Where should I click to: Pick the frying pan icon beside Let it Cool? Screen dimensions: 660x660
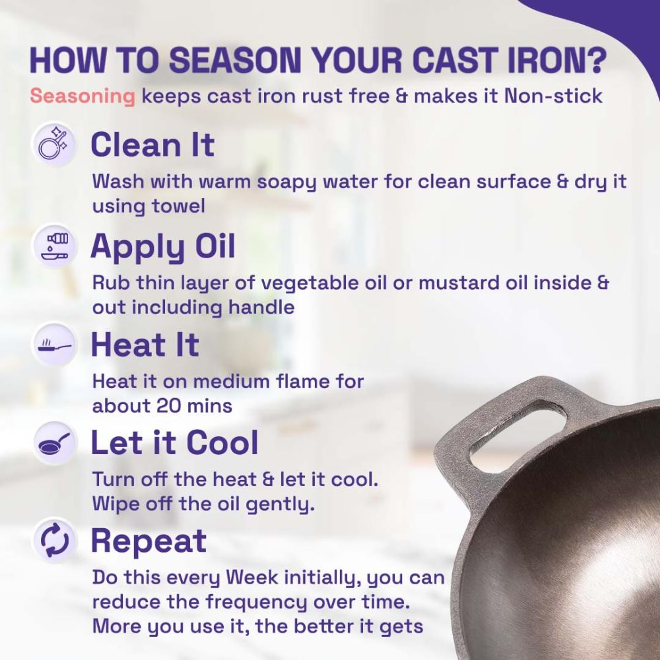(55, 443)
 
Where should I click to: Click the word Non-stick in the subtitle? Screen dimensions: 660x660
(553, 96)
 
